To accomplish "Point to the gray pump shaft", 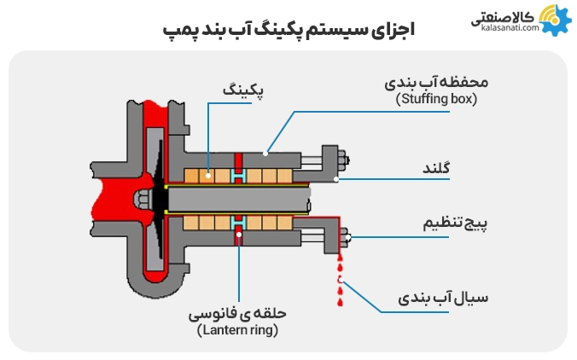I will [x=239, y=199].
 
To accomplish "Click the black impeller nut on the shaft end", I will [x=160, y=199].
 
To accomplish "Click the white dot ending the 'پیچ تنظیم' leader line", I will [x=347, y=239].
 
